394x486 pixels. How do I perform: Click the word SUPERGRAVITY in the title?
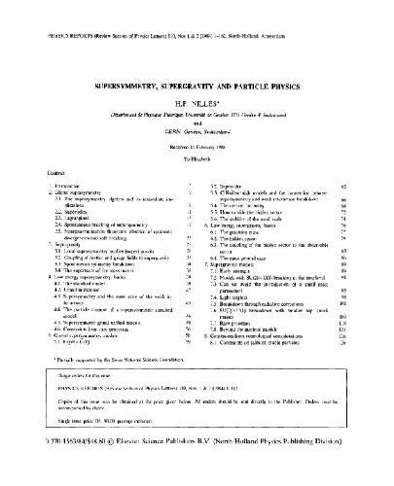(x=190, y=85)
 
